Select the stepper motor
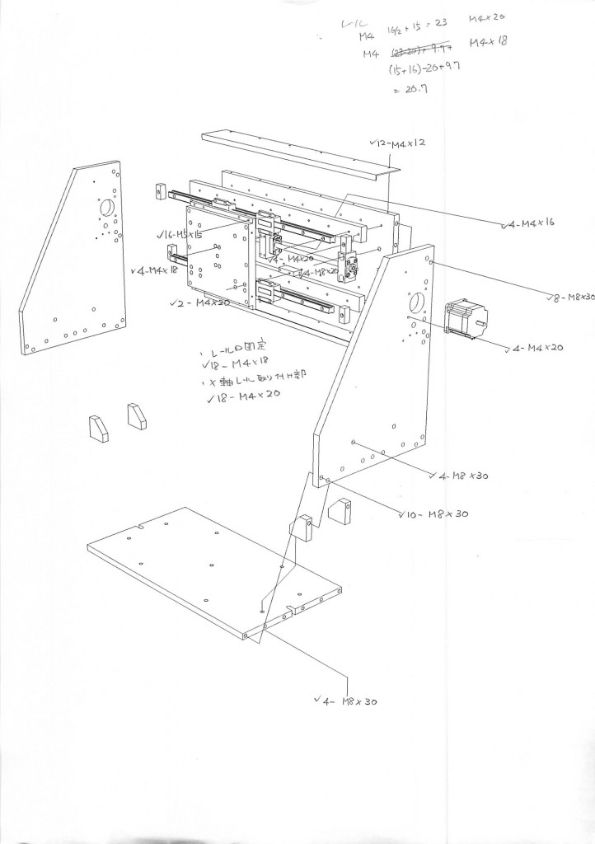pos(466,320)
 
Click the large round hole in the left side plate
pos(108,209)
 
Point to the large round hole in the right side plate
pos(415,302)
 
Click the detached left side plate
pos(78,264)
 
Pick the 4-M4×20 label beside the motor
pos(536,349)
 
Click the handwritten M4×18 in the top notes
pos(489,42)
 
